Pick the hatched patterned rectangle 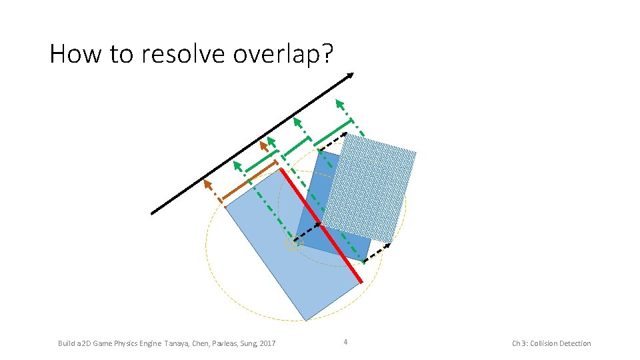pyautogui.click(x=369, y=188)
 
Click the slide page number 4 pyautogui.click(x=345, y=343)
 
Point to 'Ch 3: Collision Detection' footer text pyautogui.click(x=551, y=343)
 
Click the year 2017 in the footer pyautogui.click(x=267, y=343)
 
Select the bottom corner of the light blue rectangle pyautogui.click(x=306, y=320)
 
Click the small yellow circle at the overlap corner pyautogui.click(x=294, y=244)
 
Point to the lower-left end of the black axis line pyautogui.click(x=153, y=213)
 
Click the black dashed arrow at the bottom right pyautogui.click(x=379, y=252)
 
